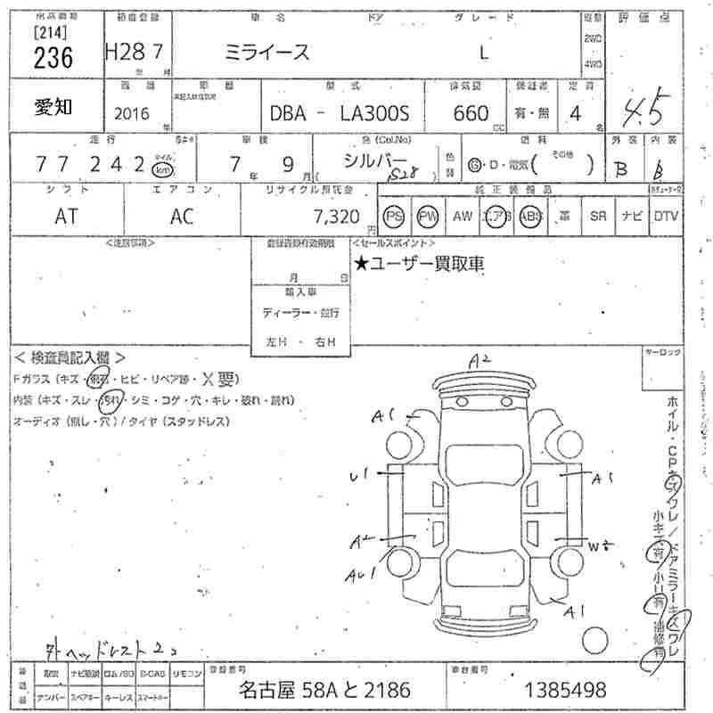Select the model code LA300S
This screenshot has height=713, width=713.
click(x=373, y=114)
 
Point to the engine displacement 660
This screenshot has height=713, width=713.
click(x=471, y=113)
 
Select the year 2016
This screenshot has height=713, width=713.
click(x=132, y=114)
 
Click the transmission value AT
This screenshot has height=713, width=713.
click(x=67, y=216)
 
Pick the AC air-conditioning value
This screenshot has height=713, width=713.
click(x=182, y=216)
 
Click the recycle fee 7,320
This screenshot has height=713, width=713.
click(x=337, y=216)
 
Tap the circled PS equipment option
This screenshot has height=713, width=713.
click(x=394, y=216)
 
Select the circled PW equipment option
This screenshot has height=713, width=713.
click(x=429, y=216)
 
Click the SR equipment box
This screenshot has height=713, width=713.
click(x=598, y=216)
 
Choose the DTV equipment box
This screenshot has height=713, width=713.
click(x=665, y=216)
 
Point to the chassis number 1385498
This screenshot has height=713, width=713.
click(x=567, y=688)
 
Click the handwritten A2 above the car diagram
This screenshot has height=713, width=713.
click(x=482, y=360)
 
